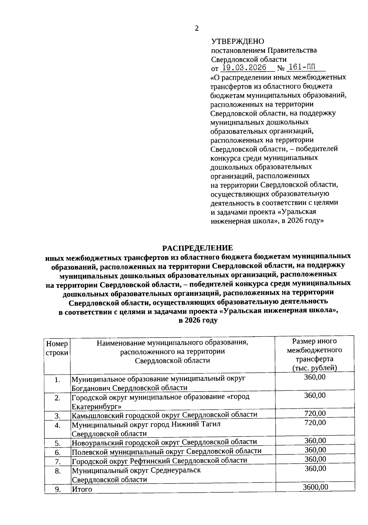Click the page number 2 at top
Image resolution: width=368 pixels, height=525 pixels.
click(x=197, y=29)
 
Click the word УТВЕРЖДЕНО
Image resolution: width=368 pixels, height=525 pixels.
click(x=238, y=41)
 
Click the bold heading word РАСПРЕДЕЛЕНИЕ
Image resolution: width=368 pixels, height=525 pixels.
click(x=197, y=248)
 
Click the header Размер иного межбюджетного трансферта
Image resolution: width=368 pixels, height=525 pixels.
click(x=314, y=354)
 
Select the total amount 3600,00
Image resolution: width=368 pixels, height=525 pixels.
click(x=315, y=487)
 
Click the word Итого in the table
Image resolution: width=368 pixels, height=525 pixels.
click(x=82, y=489)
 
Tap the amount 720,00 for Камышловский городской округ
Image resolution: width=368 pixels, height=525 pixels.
click(x=315, y=413)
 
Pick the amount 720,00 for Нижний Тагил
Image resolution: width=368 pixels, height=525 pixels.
click(x=315, y=423)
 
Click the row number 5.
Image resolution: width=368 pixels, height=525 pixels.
click(x=57, y=443)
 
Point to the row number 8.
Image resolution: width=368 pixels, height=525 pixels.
click(x=57, y=471)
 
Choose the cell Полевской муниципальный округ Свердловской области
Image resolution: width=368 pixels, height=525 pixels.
click(x=167, y=451)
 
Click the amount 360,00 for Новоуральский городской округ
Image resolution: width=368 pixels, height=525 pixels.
click(x=315, y=441)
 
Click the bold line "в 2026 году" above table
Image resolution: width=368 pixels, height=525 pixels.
click(x=198, y=320)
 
